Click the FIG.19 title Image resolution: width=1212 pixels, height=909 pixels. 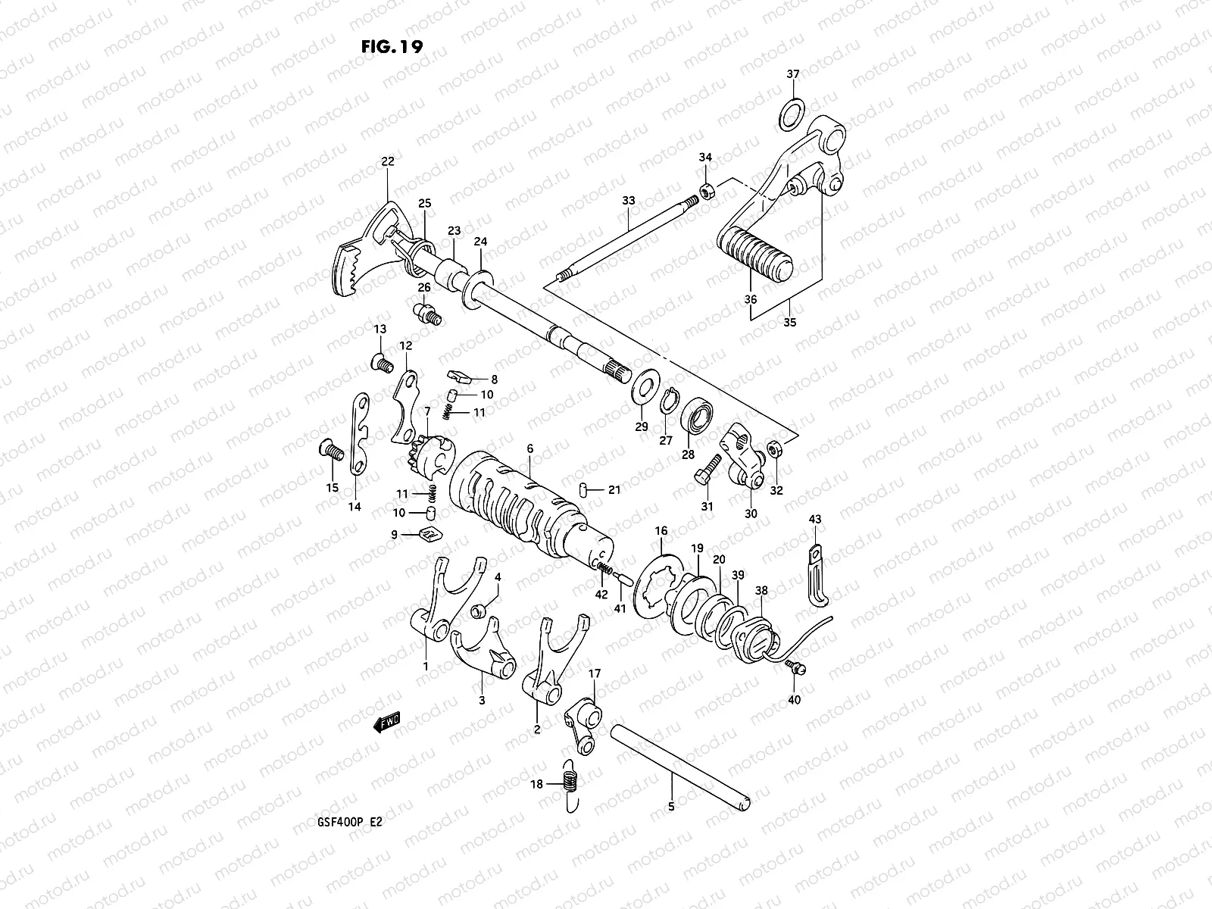click(391, 45)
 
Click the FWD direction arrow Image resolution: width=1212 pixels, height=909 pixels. click(387, 723)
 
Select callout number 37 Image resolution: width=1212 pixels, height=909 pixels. click(792, 74)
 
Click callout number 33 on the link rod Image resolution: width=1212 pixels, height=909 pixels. click(629, 201)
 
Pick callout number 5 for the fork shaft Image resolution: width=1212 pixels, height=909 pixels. click(670, 806)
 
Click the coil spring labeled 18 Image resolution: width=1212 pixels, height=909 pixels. click(573, 786)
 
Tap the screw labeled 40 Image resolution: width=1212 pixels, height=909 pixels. click(795, 667)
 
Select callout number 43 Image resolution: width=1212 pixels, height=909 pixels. click(814, 519)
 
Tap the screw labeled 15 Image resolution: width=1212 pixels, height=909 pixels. click(330, 451)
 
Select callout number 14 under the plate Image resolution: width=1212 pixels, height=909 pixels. click(355, 507)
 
